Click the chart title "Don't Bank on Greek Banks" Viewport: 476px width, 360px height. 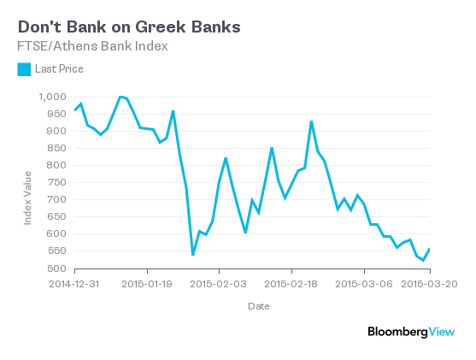(128, 27)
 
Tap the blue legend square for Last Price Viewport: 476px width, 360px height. (24, 68)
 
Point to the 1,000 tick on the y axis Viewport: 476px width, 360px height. (52, 97)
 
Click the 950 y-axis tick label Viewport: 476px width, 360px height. (56, 114)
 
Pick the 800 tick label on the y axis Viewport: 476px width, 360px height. (56, 165)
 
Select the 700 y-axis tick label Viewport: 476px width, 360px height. (56, 199)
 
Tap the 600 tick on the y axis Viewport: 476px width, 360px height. (56, 233)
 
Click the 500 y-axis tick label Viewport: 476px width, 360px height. (56, 269)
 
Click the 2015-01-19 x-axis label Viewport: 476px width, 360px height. (149, 281)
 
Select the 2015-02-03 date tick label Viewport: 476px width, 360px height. (220, 281)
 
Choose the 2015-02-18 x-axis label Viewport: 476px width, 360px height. (292, 281)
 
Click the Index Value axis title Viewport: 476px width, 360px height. (27, 198)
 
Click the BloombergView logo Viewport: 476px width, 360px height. (410, 331)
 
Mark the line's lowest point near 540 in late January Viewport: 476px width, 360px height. (193, 254)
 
